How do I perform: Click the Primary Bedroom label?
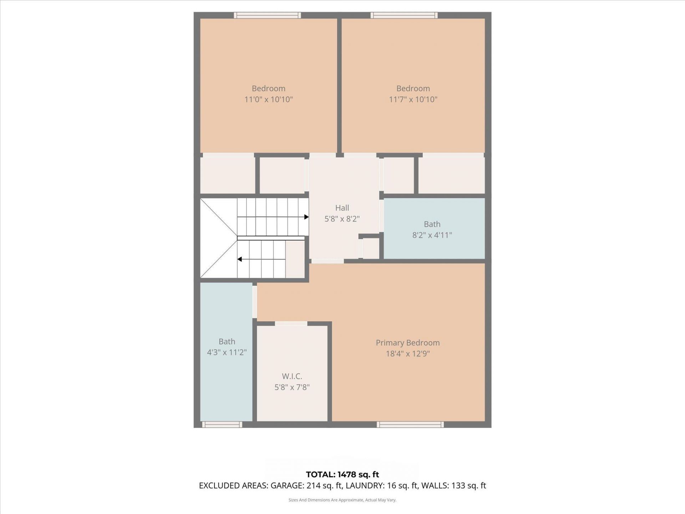tap(407, 343)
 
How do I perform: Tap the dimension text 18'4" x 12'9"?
tap(407, 354)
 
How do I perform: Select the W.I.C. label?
tap(292, 376)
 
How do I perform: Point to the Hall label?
tap(342, 208)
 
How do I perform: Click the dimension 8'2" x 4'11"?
tap(432, 235)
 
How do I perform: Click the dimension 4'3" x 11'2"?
tap(227, 352)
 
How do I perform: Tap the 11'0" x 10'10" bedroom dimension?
tap(268, 99)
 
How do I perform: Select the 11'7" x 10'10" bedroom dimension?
tap(413, 99)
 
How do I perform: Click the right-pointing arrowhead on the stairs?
tap(306, 217)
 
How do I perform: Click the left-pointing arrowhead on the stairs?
tap(240, 259)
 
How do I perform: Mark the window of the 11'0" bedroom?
tap(267, 15)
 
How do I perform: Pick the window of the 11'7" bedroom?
tap(404, 15)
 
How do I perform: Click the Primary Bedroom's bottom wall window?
tap(410, 424)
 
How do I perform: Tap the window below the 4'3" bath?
tap(222, 424)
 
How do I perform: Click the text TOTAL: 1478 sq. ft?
tap(342, 474)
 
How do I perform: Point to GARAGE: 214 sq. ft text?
tap(306, 485)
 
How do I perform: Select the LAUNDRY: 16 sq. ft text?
tap(382, 485)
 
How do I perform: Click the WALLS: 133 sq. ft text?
tap(453, 485)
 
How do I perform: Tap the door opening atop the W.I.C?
tap(291, 323)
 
